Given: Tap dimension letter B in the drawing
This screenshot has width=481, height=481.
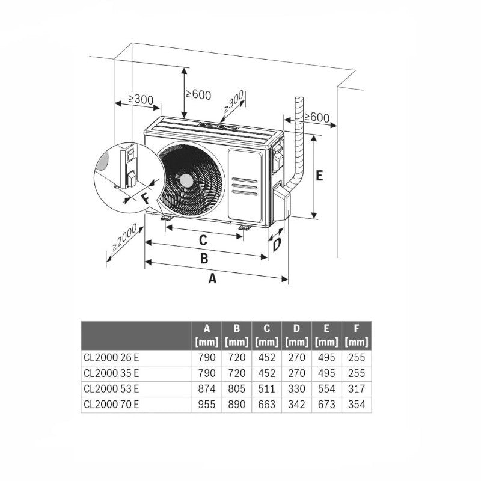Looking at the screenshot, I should point(204,259).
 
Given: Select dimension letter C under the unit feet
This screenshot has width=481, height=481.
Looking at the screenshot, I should point(203,240).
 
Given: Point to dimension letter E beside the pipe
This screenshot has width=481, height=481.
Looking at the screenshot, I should point(319,176).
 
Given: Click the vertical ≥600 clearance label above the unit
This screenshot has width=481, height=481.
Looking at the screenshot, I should point(198,94).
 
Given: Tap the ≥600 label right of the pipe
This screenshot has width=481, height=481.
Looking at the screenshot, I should point(316,117).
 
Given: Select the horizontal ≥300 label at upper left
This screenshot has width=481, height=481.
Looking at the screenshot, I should point(140,99).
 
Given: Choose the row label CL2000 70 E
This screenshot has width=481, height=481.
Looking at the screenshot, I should point(112,405).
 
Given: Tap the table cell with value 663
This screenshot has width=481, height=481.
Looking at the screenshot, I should point(266,405).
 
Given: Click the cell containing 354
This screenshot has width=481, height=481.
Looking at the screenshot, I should point(357,405).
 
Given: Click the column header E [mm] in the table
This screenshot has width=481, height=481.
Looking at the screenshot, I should point(326,335).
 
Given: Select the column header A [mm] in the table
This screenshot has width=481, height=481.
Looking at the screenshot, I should point(207,335).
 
